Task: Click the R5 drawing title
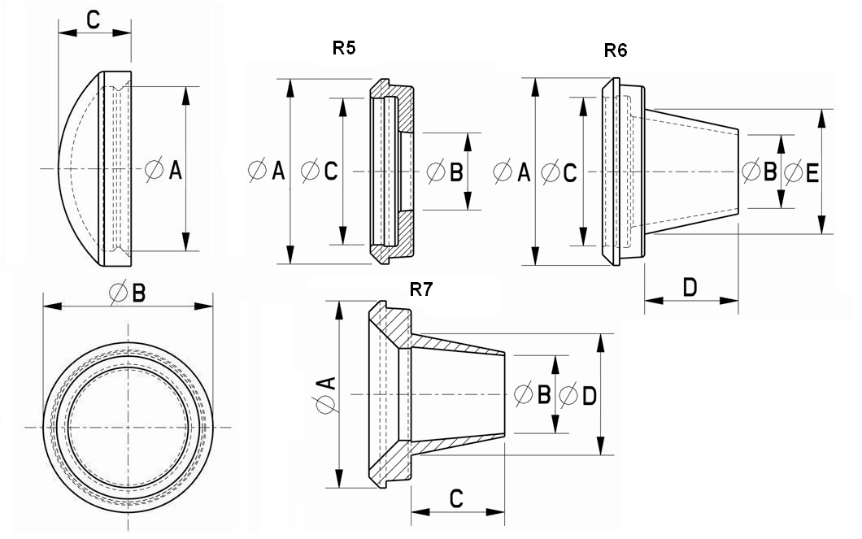pos(344,48)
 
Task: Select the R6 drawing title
pos(616,50)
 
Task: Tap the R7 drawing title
pos(420,291)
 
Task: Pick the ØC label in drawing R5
pos(319,171)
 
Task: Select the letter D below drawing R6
pos(690,287)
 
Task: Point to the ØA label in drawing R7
pos(324,394)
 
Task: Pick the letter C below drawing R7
pos(457,498)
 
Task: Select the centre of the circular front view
pos(128,427)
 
